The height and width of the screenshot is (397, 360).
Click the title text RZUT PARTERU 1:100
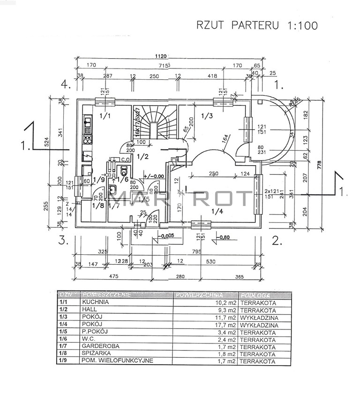tap(256, 25)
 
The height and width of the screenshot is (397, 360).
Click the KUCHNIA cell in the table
tap(96, 303)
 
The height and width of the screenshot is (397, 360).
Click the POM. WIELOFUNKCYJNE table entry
tap(118, 361)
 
